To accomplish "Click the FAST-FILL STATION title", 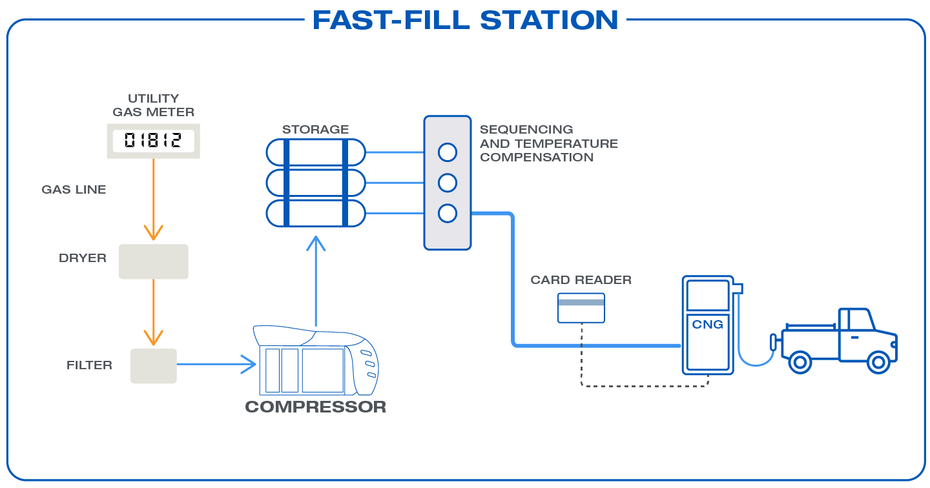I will [465, 20].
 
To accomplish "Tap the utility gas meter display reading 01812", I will [153, 141].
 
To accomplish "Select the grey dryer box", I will [153, 261].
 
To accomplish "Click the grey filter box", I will [153, 366].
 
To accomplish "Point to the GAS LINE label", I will [74, 190].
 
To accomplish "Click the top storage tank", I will [316, 152].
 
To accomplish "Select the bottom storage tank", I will [316, 213].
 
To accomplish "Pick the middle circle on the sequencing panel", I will [447, 183].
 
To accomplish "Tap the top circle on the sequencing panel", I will [447, 152].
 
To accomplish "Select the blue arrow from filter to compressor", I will [216, 364].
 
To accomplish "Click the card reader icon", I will [581, 308].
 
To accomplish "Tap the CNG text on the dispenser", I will [707, 324].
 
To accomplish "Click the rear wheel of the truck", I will [800, 362].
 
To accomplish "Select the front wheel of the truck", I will [878, 362].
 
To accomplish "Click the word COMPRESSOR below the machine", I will [315, 407].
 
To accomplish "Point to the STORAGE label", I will [315, 130].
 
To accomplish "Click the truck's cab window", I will [858, 320].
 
